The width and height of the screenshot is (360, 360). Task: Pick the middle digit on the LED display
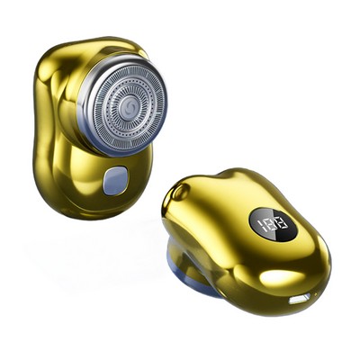click(270, 222)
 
